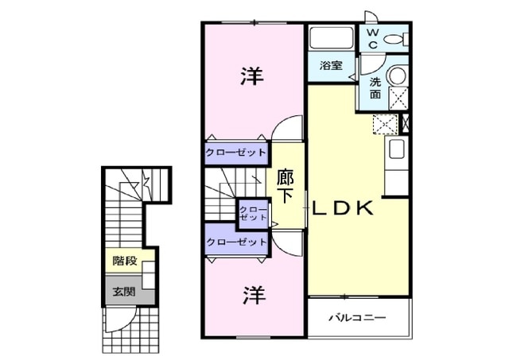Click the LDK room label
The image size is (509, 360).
(342, 208)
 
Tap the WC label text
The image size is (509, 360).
(373, 39)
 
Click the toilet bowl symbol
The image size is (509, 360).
(396, 39)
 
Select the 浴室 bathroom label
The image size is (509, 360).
(331, 65)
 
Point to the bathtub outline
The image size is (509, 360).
(332, 38)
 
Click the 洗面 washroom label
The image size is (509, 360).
(375, 88)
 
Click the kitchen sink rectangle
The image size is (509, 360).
(396, 149)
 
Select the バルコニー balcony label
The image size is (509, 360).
(357, 317)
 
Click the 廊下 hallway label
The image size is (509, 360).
(286, 187)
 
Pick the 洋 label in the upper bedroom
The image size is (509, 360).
(252, 76)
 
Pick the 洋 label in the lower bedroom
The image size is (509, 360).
(254, 295)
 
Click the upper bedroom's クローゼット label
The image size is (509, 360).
(236, 153)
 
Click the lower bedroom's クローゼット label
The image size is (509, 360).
(237, 242)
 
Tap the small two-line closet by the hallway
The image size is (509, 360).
(253, 214)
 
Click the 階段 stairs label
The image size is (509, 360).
(125, 261)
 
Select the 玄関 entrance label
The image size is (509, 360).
(124, 292)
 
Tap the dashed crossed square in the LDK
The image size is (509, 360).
(385, 125)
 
